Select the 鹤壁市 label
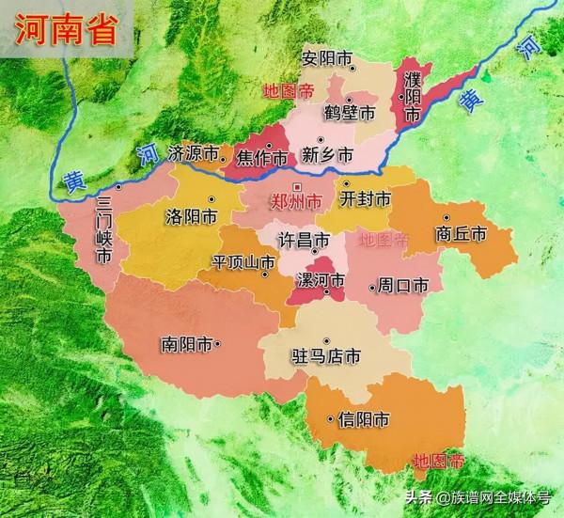coord(349,113)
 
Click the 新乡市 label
coord(327,154)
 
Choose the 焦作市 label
coord(261,157)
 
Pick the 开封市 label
coord(365,199)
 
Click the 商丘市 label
coord(461,234)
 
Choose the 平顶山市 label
coord(243,263)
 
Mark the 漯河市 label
coord(318,281)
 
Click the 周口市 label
coord(399,285)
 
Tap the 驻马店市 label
coord(323,357)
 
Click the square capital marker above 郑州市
coord(296,186)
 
